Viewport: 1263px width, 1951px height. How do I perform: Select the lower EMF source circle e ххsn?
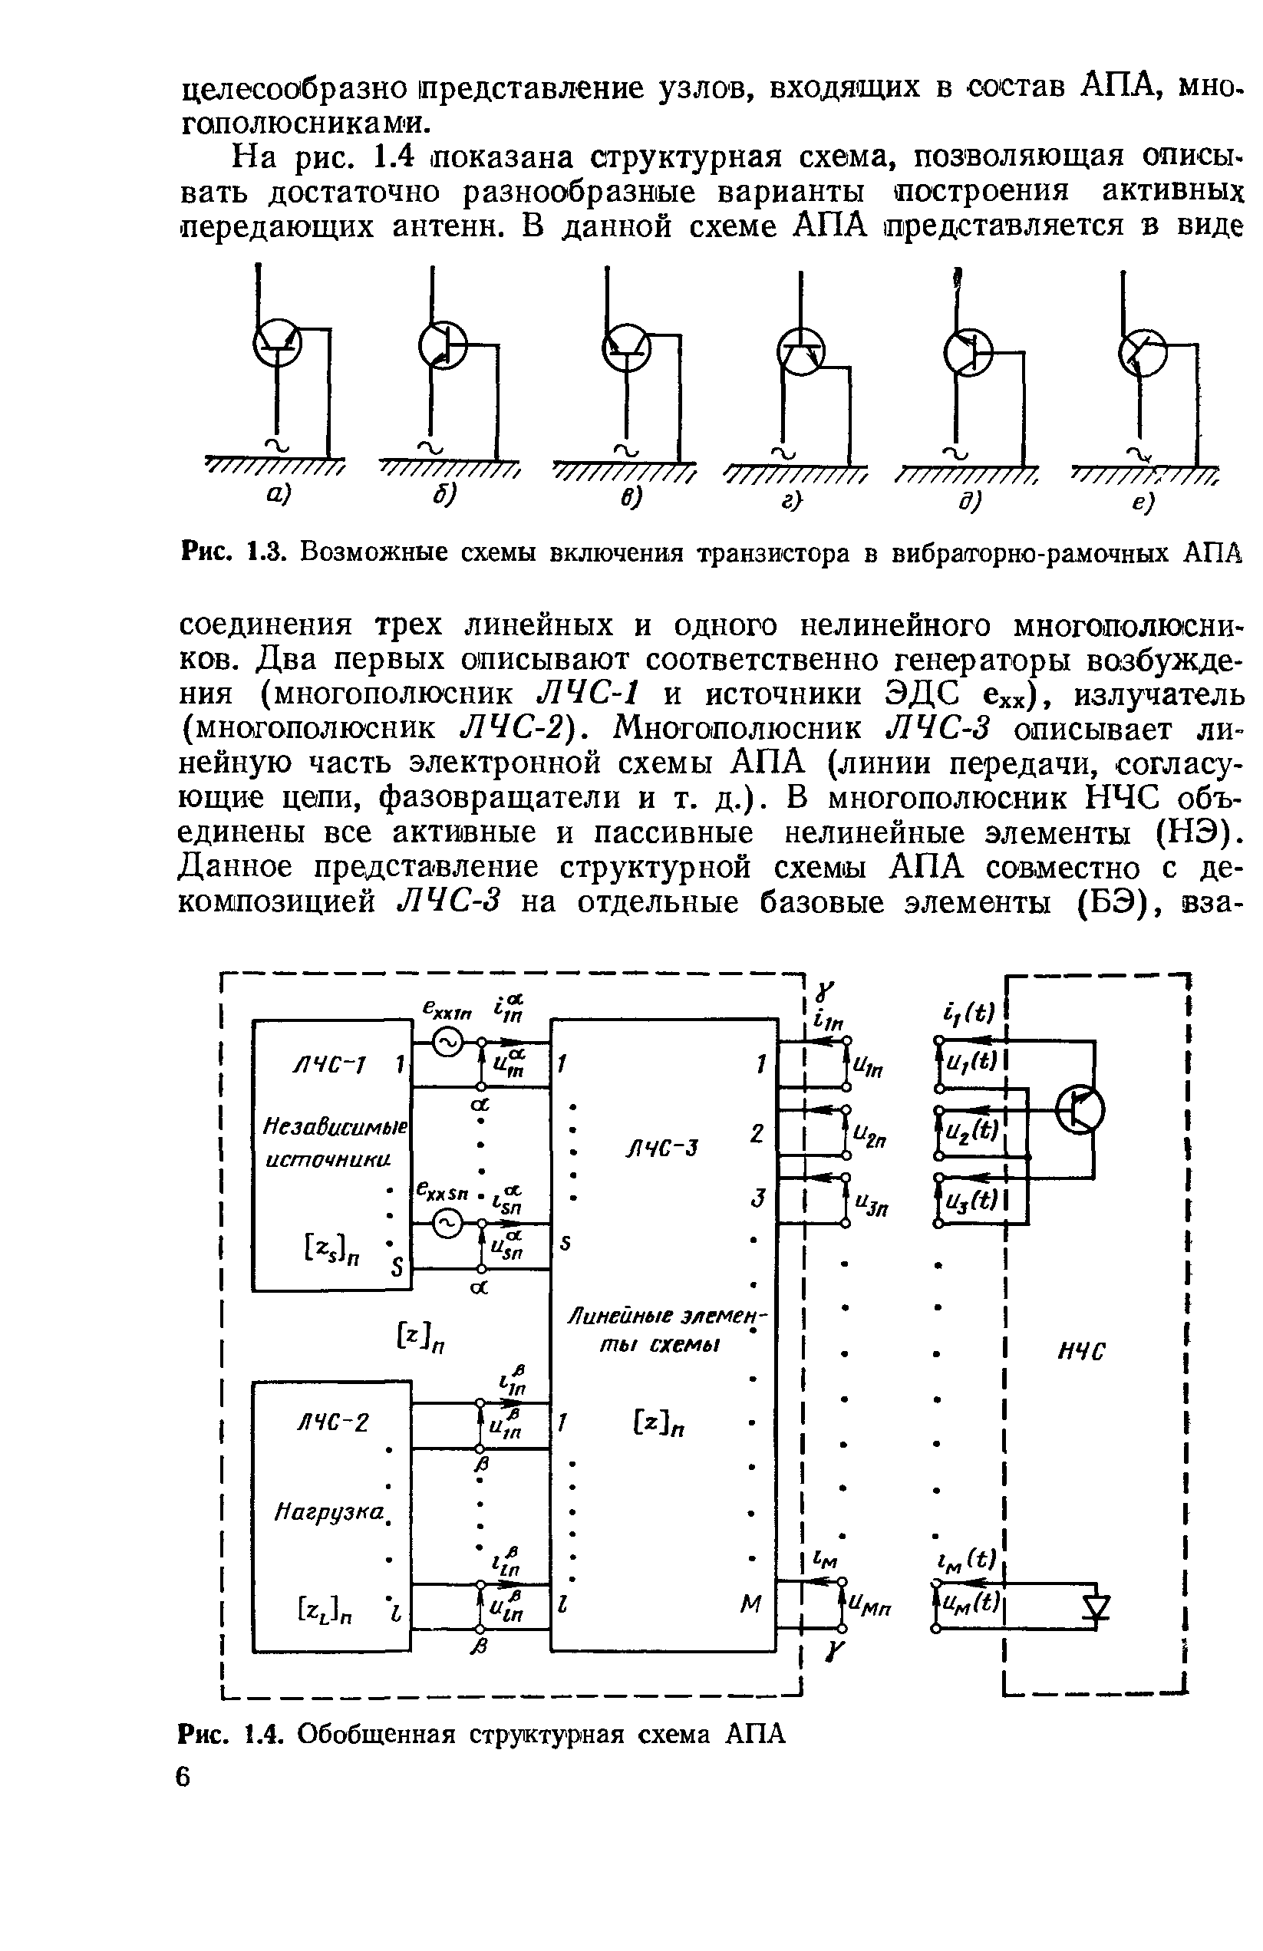click(448, 1225)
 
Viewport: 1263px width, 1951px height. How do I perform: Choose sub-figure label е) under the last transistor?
click(1143, 503)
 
